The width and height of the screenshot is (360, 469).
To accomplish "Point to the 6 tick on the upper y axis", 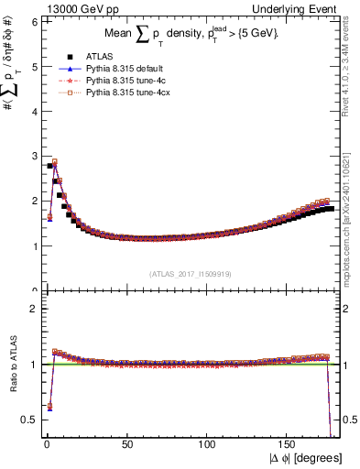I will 35,21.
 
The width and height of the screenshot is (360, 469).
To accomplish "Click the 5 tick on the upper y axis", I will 35,66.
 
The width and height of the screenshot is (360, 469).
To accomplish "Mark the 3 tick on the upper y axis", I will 35,156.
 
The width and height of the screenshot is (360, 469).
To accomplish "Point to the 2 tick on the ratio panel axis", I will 35,309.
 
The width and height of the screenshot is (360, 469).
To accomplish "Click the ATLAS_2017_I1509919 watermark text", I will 190,272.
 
